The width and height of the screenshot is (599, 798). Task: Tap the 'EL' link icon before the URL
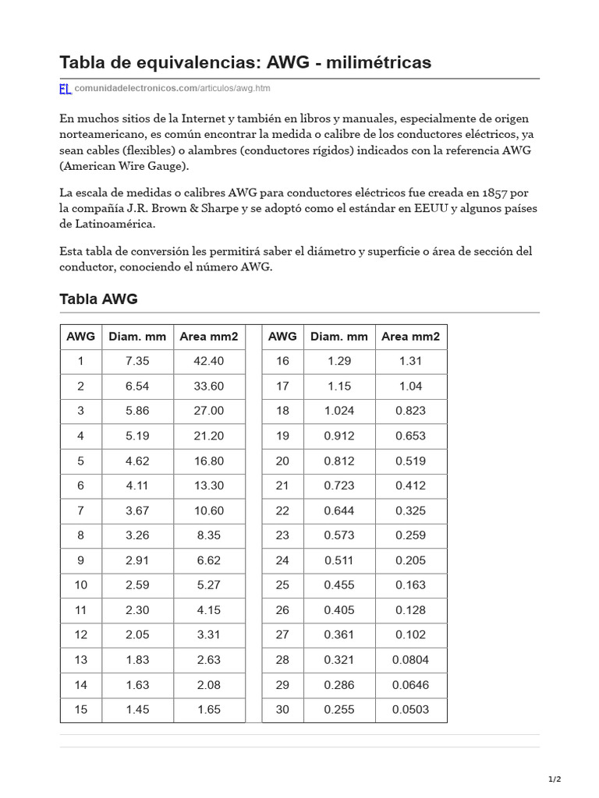(x=66, y=89)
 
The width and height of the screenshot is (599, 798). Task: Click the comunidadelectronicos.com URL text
(x=135, y=89)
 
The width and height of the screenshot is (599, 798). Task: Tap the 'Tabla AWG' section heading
(x=98, y=299)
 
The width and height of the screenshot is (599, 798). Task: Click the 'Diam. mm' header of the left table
(x=137, y=337)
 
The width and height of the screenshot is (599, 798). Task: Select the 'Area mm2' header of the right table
(x=410, y=337)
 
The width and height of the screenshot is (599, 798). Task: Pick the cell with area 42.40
(x=208, y=361)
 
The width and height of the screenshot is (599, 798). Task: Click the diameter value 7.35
(x=136, y=361)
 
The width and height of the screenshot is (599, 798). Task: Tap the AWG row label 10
(x=80, y=585)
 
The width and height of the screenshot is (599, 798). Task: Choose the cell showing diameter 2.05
(x=136, y=635)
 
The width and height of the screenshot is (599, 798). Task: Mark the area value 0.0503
(x=410, y=710)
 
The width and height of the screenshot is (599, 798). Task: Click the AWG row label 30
(x=282, y=710)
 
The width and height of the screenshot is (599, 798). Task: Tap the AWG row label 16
(x=282, y=361)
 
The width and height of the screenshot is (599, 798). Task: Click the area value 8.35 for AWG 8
(x=208, y=535)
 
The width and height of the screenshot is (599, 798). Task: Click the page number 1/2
(x=555, y=779)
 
